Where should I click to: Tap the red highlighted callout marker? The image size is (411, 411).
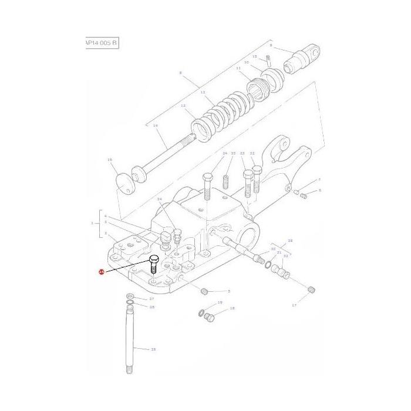pyautogui.click(x=101, y=272)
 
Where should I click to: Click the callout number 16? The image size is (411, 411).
pyautogui.click(x=109, y=160)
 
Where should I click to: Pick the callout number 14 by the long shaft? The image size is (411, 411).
pyautogui.click(x=155, y=126)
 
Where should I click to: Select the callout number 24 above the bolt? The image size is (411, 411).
pyautogui.click(x=224, y=153)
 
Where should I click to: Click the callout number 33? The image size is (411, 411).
pyautogui.click(x=233, y=153)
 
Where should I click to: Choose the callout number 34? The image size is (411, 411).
pyautogui.click(x=159, y=200)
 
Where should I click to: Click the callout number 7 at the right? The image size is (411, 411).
pyautogui.click(x=319, y=180)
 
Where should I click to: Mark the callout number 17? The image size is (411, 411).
pyautogui.click(x=294, y=305)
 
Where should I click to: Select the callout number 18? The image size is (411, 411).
pyautogui.click(x=232, y=308)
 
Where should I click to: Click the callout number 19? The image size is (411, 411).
pyautogui.click(x=220, y=302)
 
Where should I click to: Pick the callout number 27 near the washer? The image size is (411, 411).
pyautogui.click(x=151, y=299)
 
